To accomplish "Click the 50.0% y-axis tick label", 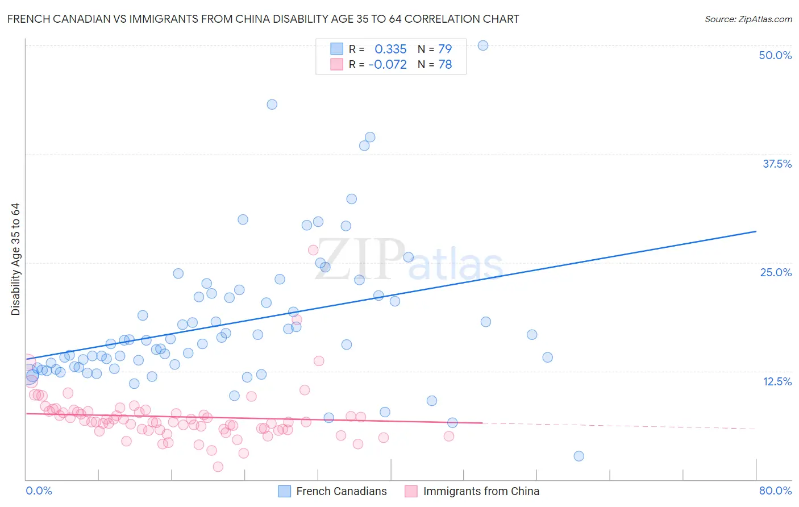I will click(x=775, y=55).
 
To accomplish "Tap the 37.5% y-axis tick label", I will click(x=777, y=164).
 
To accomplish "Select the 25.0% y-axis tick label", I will click(x=776, y=272).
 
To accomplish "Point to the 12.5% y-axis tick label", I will click(x=777, y=381).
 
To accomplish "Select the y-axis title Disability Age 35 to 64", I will click(x=16, y=259).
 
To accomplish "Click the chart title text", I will click(x=263, y=19).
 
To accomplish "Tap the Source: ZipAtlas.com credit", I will click(x=748, y=19).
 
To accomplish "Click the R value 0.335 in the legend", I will click(x=390, y=49).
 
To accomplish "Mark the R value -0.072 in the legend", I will click(x=388, y=65).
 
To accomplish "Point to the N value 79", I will click(x=445, y=49).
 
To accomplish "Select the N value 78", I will click(x=445, y=65).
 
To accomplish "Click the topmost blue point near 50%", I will click(x=483, y=45).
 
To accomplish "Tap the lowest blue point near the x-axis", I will click(x=579, y=456).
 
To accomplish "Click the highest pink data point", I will click(x=313, y=250).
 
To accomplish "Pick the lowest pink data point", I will click(x=218, y=467).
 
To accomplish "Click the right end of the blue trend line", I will click(x=756, y=231).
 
